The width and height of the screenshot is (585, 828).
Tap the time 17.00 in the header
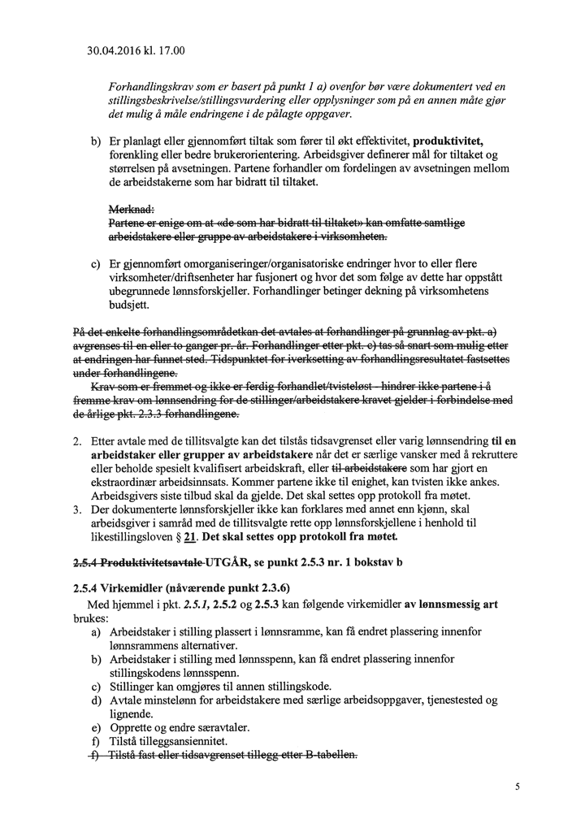click(172, 51)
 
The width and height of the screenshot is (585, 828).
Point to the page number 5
click(517, 786)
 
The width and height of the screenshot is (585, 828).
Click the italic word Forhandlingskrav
click(149, 86)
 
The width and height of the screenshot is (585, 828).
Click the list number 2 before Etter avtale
click(76, 440)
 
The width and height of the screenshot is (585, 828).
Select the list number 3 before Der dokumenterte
click(76, 509)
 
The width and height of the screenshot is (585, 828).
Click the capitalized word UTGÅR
click(232, 562)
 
